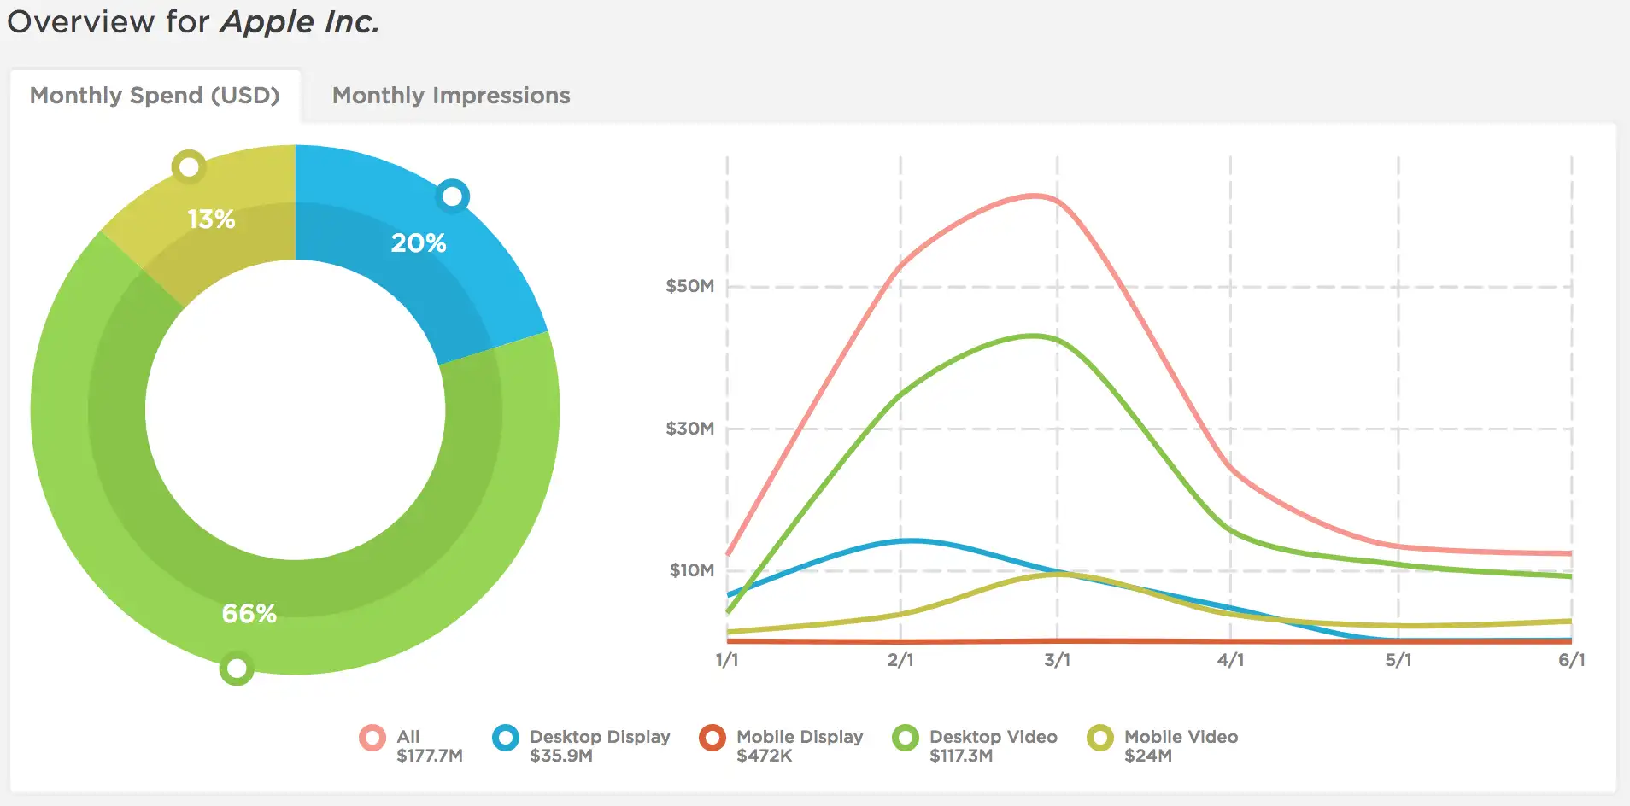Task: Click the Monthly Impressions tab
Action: pos(451,96)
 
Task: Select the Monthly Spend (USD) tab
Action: pos(155,96)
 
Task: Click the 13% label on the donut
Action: pos(211,219)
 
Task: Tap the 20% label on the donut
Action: pos(419,243)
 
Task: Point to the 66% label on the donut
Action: pos(249,614)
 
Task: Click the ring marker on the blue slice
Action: pos(453,196)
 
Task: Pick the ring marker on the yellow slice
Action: pos(189,167)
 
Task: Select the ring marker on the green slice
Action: pos(237,668)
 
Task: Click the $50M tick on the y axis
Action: pos(689,286)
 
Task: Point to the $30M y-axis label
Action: pos(689,429)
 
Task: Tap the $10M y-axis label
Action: pos(691,570)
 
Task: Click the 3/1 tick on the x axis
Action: pos(1058,660)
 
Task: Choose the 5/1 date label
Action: pos(1398,660)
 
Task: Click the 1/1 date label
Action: pos(727,660)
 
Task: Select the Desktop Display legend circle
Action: pos(506,738)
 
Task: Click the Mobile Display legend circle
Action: pos(712,738)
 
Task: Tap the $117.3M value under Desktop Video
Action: pos(961,756)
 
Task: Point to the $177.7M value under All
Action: pos(430,756)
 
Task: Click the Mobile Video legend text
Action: pos(1181,737)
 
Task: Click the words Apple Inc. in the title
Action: pos(300,22)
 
